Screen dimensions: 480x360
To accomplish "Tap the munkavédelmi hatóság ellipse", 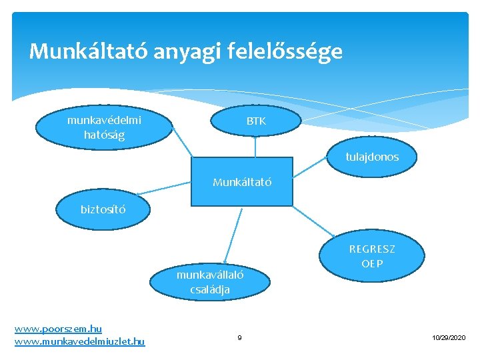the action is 104,127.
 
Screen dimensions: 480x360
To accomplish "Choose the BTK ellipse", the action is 256,121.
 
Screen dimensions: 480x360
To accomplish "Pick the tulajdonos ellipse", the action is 372,157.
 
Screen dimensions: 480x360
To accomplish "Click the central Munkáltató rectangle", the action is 242,181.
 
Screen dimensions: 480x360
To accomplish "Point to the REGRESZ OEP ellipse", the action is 372,256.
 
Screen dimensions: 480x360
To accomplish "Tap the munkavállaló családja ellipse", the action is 209,282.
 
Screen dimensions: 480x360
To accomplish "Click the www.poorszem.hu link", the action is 58,329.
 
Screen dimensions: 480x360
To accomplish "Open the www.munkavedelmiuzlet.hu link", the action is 79,341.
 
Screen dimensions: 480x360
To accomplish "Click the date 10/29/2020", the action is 449,339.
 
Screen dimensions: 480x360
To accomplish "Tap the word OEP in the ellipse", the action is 372,263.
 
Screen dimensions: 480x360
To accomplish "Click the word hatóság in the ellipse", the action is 104,135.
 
